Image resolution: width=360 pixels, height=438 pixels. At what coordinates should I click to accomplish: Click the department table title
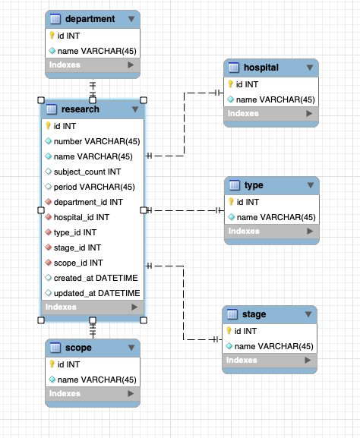90,19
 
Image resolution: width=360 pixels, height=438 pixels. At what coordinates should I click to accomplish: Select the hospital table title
261,68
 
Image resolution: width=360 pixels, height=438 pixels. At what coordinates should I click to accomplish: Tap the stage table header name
254,314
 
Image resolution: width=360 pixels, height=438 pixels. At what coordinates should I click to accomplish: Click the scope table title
78,348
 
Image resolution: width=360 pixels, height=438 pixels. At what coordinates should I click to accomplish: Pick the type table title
253,185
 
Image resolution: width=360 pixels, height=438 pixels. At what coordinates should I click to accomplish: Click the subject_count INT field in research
87,172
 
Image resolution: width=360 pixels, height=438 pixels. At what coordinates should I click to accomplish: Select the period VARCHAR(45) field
93,187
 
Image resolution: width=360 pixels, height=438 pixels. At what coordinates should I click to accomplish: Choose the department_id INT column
88,202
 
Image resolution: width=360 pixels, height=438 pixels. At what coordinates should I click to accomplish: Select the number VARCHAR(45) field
96,141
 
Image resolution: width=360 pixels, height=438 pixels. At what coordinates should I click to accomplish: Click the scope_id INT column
78,263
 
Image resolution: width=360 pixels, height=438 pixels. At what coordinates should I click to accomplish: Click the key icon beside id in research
48,126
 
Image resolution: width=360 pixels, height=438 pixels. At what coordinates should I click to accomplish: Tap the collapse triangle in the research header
134,109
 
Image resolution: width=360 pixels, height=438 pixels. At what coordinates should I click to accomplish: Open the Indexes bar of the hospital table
270,113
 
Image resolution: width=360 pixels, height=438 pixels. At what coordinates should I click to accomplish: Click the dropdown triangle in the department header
132,19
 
